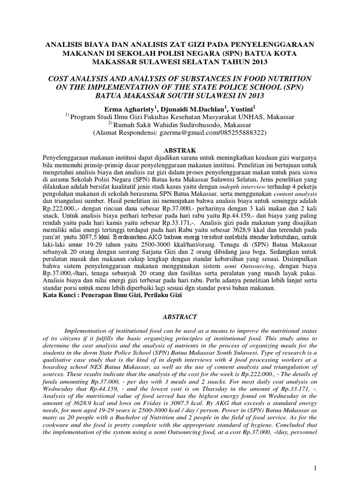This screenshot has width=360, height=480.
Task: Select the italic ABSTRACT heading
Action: click(180, 317)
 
